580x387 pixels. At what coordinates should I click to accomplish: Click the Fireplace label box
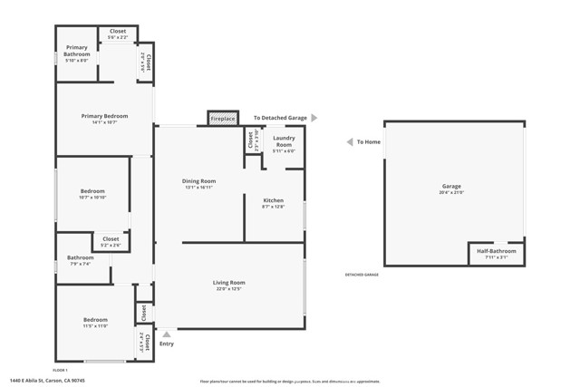click(223, 119)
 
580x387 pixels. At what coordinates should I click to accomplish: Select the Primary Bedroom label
click(104, 116)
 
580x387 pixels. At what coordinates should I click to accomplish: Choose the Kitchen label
click(273, 200)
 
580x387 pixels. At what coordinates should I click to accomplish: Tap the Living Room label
click(229, 283)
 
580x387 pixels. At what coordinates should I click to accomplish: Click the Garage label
click(451, 187)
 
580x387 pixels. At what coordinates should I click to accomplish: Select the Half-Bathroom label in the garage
click(496, 251)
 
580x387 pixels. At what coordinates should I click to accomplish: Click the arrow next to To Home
click(349, 142)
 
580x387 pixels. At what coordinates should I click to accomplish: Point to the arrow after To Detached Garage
click(314, 118)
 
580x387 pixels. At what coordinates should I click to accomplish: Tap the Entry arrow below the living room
click(166, 334)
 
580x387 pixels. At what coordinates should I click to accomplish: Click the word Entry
click(167, 343)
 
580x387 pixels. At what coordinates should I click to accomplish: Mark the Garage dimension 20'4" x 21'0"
click(451, 192)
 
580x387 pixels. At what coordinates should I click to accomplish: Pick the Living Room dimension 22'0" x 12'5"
click(229, 289)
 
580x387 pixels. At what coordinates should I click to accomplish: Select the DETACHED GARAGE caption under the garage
click(362, 275)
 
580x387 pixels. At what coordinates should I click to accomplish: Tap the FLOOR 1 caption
click(61, 371)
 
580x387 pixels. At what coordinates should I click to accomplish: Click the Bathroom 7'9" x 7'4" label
click(80, 260)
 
